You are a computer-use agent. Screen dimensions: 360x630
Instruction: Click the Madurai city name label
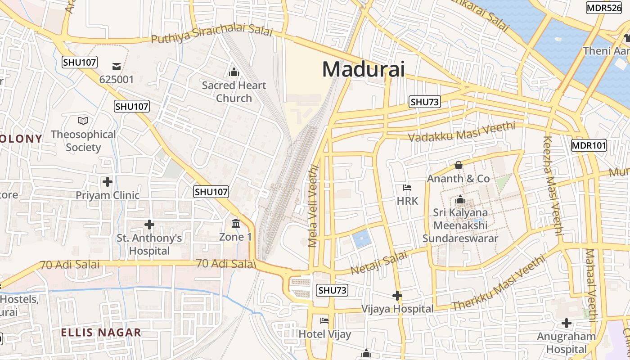(363, 69)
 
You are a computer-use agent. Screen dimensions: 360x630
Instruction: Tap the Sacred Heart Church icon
(234, 72)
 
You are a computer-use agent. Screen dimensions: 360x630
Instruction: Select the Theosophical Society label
(83, 141)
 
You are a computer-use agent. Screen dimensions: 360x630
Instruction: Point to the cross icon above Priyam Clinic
(107, 182)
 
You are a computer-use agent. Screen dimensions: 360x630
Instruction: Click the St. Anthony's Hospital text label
(149, 244)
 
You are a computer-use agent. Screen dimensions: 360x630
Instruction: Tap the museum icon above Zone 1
(235, 224)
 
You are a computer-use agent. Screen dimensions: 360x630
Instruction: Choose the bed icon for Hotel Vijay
(324, 321)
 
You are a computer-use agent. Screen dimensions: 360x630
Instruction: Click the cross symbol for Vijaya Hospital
(397, 296)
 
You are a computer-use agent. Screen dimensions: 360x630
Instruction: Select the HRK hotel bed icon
(407, 188)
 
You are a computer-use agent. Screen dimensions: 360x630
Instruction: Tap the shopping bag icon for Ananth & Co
(458, 165)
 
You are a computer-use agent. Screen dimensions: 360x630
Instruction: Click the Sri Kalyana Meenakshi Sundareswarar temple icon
(460, 199)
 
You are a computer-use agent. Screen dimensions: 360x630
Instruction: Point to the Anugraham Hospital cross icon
(566, 323)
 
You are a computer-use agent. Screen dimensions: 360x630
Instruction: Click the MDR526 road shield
(603, 8)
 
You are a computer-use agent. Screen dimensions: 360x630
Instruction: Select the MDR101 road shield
(589, 145)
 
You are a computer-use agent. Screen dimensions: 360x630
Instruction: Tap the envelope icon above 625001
(117, 67)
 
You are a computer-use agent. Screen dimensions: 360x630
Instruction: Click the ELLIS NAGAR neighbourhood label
(101, 333)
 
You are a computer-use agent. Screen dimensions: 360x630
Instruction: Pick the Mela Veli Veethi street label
(313, 206)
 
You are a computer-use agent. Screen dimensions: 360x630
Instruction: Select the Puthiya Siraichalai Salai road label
(211, 36)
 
